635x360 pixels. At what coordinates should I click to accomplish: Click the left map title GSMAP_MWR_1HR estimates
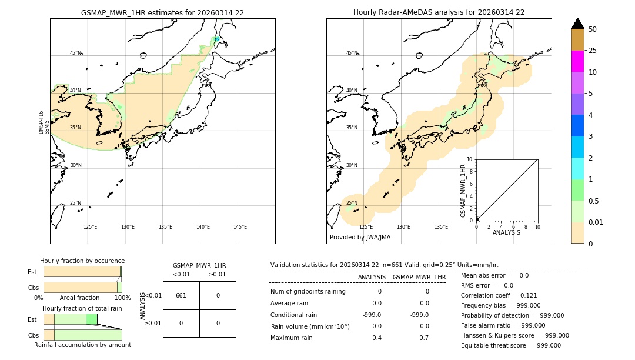[x=162, y=12]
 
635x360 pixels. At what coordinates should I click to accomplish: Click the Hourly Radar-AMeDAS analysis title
[x=439, y=12]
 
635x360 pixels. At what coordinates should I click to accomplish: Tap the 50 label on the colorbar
[x=593, y=29]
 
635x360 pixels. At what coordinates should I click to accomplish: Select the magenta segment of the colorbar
[x=577, y=61]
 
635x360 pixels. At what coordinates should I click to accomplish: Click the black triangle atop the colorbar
[x=577, y=24]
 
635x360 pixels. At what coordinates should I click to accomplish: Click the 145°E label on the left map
[x=240, y=227]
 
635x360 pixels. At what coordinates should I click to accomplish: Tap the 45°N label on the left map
[x=75, y=53]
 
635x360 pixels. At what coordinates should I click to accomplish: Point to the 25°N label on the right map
[x=352, y=203]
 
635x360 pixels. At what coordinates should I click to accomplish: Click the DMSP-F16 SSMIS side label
[x=44, y=123]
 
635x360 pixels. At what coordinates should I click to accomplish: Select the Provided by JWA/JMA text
[x=360, y=237]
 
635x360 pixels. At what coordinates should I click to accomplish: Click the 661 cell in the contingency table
[x=181, y=295]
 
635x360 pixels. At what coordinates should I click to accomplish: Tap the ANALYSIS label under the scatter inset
[x=507, y=232]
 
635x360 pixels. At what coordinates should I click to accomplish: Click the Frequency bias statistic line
[x=500, y=305]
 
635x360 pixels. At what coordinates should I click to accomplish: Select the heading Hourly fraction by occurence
[x=82, y=261]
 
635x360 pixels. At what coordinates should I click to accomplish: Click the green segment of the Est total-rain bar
[x=91, y=319]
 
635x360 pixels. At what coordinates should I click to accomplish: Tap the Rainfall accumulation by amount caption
[x=82, y=345]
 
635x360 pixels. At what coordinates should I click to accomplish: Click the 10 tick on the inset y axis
[x=469, y=159]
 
